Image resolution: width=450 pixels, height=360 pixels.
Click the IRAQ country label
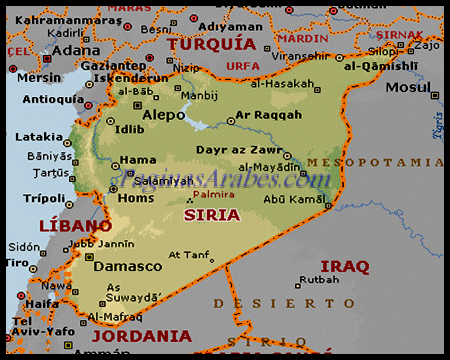click(345, 266)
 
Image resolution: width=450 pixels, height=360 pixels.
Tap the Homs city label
click(135, 197)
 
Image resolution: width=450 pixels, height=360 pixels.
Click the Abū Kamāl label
click(296, 198)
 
